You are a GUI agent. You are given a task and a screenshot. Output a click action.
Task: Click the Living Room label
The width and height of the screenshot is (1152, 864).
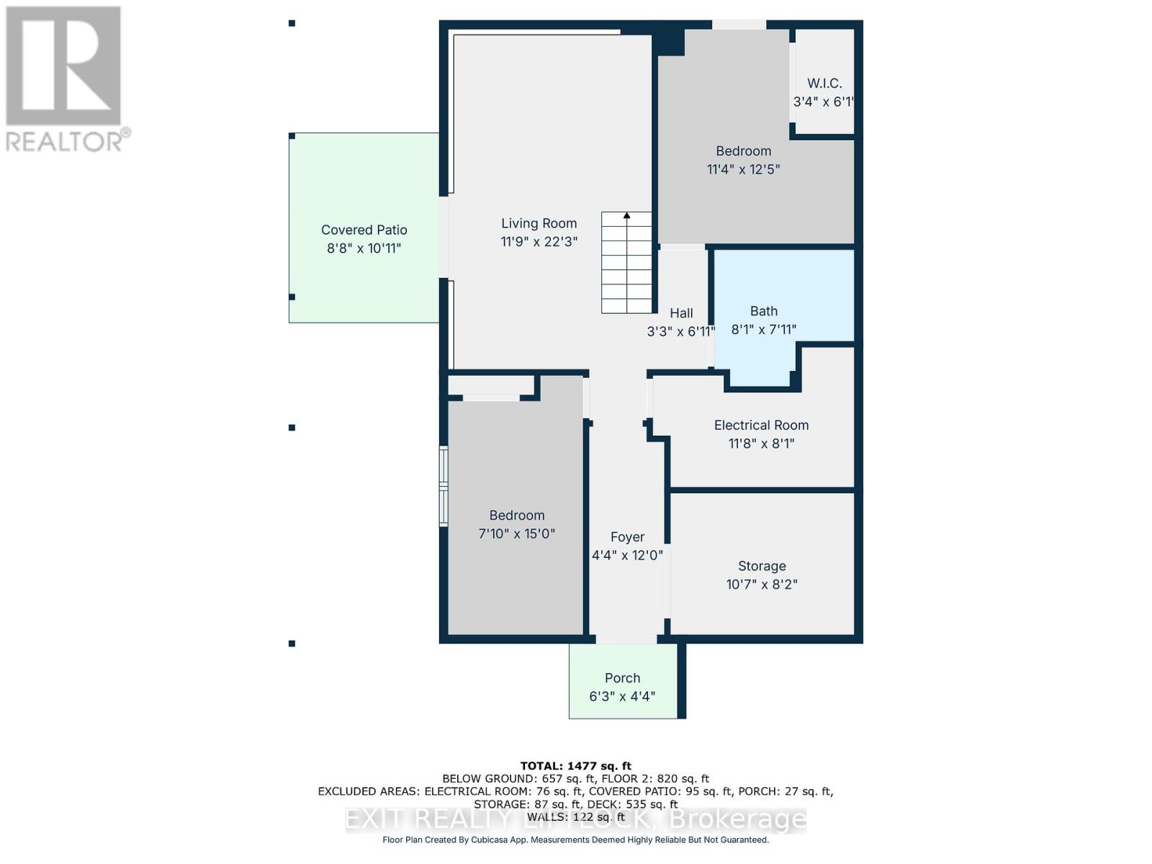(539, 223)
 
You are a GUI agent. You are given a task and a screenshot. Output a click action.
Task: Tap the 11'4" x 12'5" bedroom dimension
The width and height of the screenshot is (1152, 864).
(743, 169)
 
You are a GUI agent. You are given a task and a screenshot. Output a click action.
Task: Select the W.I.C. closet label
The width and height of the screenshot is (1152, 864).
(824, 84)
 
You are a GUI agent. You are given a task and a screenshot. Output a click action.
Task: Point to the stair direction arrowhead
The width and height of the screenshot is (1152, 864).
(626, 215)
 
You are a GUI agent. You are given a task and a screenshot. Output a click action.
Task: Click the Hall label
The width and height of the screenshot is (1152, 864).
(681, 313)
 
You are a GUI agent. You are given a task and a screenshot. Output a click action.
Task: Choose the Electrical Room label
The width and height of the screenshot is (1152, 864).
(761, 426)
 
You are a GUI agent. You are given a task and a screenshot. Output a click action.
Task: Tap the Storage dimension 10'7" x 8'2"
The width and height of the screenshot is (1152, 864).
(761, 584)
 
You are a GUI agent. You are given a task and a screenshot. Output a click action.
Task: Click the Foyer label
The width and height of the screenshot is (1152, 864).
(626, 537)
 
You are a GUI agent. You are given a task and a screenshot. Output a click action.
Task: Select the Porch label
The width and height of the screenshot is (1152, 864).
(622, 678)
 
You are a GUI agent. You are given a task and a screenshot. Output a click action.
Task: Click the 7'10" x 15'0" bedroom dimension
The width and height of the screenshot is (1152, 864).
(516, 534)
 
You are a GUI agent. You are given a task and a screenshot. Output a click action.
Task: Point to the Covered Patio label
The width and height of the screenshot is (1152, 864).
(364, 230)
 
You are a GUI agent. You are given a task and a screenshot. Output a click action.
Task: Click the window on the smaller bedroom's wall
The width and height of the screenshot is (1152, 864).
(444, 486)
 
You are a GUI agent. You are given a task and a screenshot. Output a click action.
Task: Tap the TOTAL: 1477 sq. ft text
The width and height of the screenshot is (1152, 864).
(575, 766)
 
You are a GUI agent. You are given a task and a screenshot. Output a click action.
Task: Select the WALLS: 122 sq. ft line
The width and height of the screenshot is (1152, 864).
(575, 817)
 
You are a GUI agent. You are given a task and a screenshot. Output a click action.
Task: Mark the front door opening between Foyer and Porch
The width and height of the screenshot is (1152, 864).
(626, 639)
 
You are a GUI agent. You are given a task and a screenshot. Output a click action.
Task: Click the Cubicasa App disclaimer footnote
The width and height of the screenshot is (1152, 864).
(575, 840)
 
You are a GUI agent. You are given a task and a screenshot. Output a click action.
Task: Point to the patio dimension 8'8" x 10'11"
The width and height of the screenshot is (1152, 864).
(364, 248)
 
